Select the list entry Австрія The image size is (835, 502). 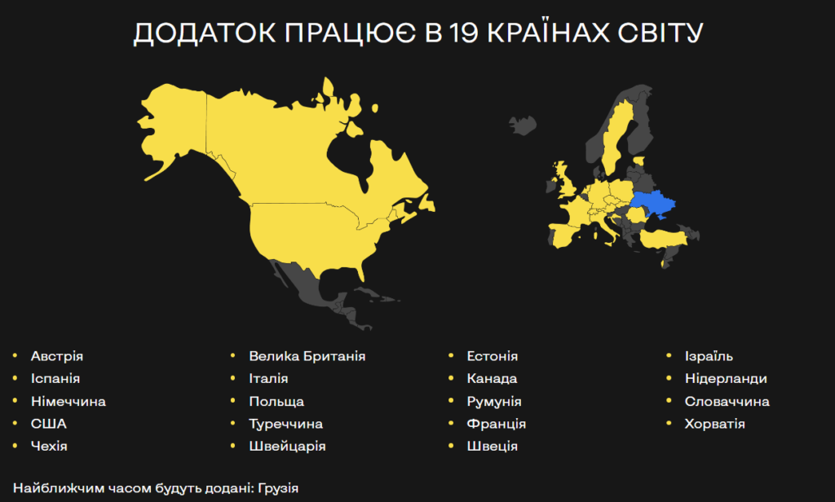point(57,356)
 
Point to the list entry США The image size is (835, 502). point(49,424)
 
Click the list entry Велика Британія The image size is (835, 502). point(307,356)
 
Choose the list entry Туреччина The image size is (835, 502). point(286,424)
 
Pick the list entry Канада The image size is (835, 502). point(492,379)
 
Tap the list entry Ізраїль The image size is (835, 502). point(709,356)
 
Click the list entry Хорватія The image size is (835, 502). point(715,424)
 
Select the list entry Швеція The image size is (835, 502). point(492,447)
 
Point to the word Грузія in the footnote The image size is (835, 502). point(278,488)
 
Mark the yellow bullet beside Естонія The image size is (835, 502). point(451,356)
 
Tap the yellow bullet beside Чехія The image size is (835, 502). point(15,447)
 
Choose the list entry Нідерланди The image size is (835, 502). point(726,379)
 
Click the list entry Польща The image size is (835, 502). point(277,402)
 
